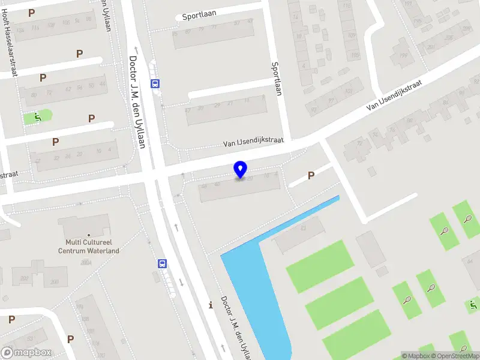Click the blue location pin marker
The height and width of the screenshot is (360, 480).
(x=241, y=170)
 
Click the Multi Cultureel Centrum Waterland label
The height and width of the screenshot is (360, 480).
(x=89, y=246)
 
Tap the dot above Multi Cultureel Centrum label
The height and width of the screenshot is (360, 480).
(x=89, y=235)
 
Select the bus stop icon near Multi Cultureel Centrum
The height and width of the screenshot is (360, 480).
(x=162, y=263)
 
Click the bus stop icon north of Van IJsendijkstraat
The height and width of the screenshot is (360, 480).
(x=155, y=84)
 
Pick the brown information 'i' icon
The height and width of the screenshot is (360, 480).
(x=210, y=305)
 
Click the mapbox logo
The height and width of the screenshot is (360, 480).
(x=26, y=353)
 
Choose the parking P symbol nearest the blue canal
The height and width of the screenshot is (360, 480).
(x=311, y=175)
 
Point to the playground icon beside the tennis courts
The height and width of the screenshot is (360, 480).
(x=473, y=305)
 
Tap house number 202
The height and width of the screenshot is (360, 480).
(x=25, y=278)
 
